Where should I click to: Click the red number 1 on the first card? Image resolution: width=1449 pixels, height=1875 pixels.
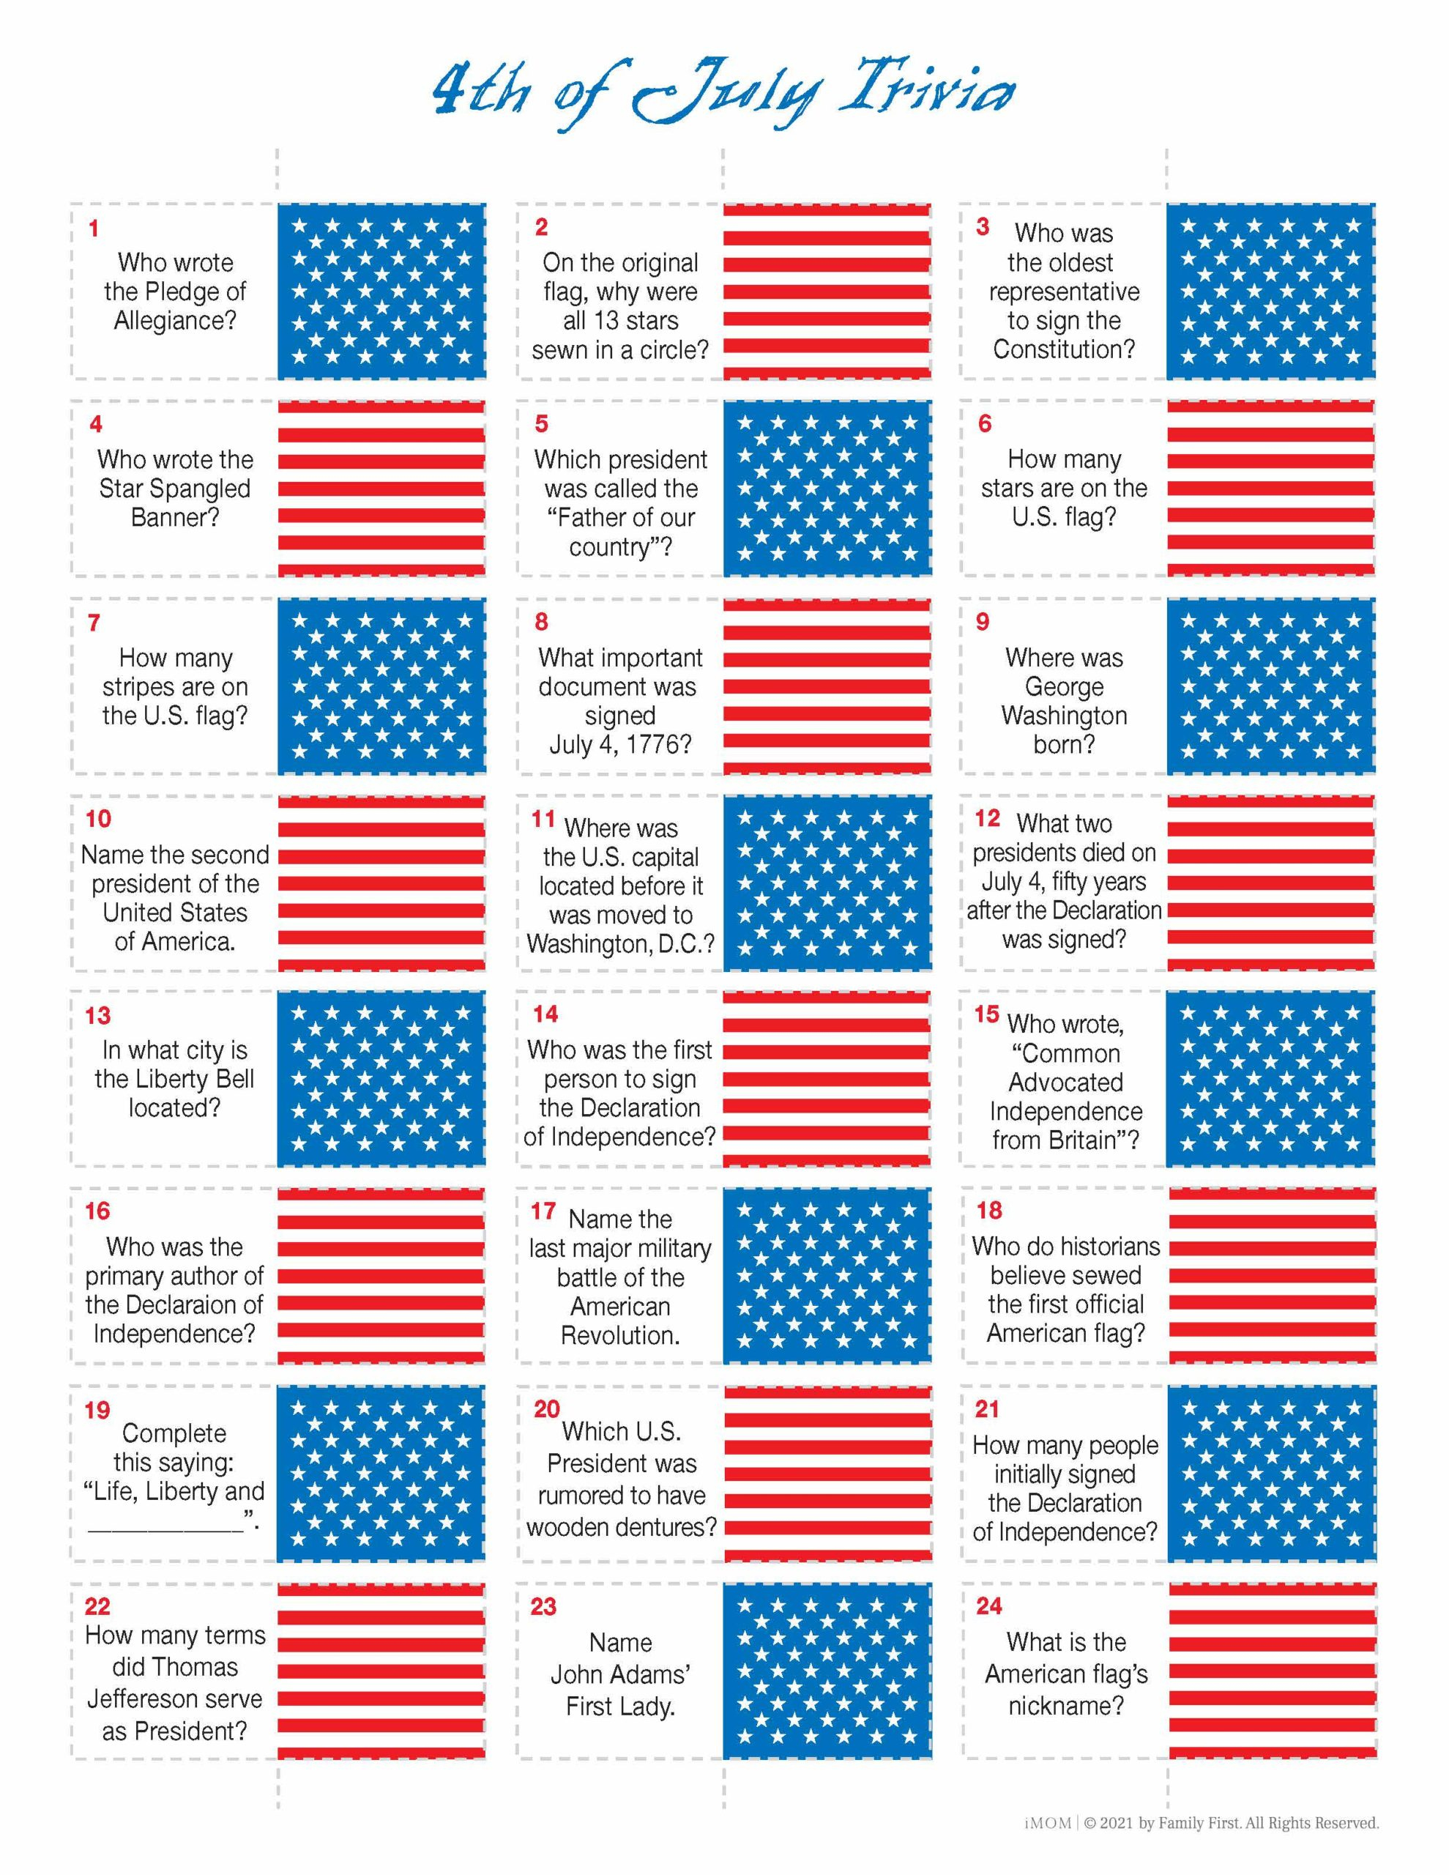click(x=94, y=229)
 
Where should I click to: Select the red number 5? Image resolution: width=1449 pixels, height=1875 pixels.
click(x=541, y=424)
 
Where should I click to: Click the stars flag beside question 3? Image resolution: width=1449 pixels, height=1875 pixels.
click(x=1270, y=291)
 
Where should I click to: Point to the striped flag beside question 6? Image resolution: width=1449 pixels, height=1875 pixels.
click(x=1270, y=488)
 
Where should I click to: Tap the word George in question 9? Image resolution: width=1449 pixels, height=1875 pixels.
click(x=1064, y=687)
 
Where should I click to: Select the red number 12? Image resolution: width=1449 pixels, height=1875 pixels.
click(x=987, y=819)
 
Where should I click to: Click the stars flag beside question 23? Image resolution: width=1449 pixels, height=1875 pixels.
click(x=826, y=1671)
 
